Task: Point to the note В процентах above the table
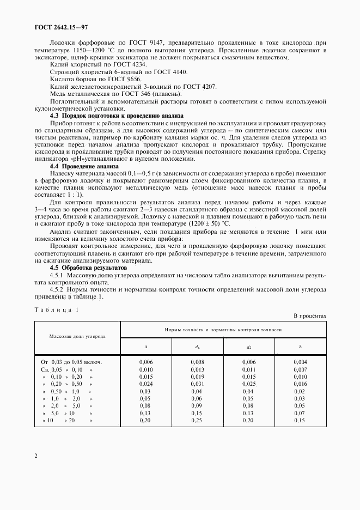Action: (x=310, y=315)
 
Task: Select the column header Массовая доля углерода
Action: (x=77, y=337)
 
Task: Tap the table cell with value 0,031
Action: (x=197, y=384)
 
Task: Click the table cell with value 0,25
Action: (x=197, y=421)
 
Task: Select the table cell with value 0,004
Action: (x=300, y=362)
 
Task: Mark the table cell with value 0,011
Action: (x=248, y=369)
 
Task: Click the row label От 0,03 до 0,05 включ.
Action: (x=72, y=362)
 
